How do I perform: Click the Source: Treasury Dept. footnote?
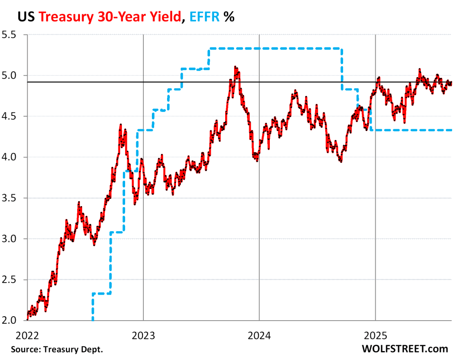(58, 349)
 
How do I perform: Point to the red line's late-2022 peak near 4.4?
(121, 126)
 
